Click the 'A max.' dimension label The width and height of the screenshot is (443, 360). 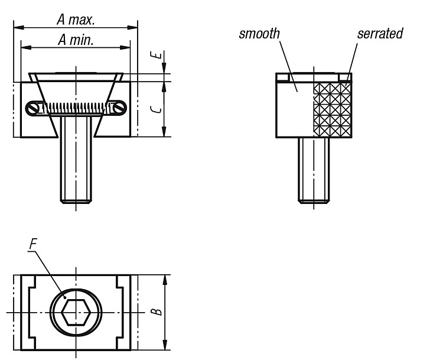pyautogui.click(x=76, y=20)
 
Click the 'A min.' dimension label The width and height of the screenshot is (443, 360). pyautogui.click(x=76, y=40)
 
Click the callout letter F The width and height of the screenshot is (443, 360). pyautogui.click(x=33, y=244)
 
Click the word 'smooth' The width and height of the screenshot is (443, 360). pyautogui.click(x=259, y=34)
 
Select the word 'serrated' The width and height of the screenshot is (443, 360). pyautogui.click(x=380, y=34)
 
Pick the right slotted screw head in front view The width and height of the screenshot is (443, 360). pyautogui.click(x=120, y=108)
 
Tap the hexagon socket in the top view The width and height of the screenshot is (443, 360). pyautogui.click(x=76, y=312)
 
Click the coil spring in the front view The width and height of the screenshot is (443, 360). pyautogui.click(x=76, y=108)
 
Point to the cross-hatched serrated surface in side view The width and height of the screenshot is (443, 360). pyautogui.click(x=332, y=110)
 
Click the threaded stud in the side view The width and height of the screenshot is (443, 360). pyautogui.click(x=314, y=170)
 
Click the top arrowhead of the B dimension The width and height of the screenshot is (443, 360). pyautogui.click(x=165, y=280)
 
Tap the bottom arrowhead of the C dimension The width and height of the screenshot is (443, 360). pyautogui.click(x=164, y=131)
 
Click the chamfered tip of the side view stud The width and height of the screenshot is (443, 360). pyautogui.click(x=314, y=202)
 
